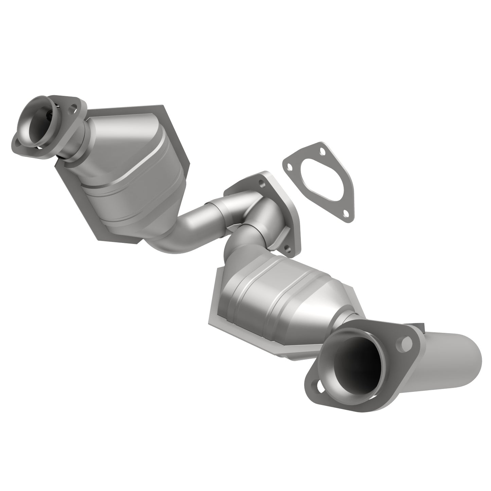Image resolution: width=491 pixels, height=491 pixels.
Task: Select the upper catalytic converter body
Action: tap(136, 170)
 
